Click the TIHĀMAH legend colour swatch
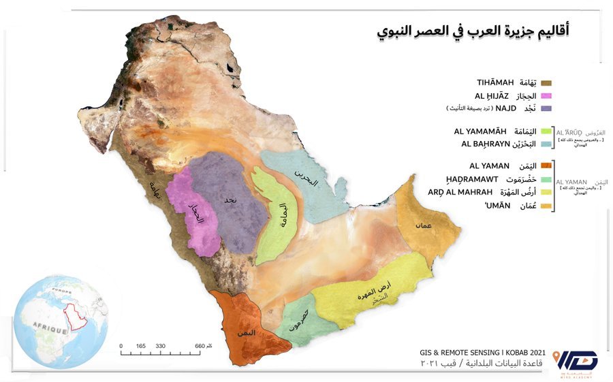[545, 82]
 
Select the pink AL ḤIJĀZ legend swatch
[545, 95]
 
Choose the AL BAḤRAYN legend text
[485, 144]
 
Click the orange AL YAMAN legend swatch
[545, 165]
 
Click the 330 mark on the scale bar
[161, 347]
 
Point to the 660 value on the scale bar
[200, 347]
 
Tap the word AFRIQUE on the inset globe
[48, 330]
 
